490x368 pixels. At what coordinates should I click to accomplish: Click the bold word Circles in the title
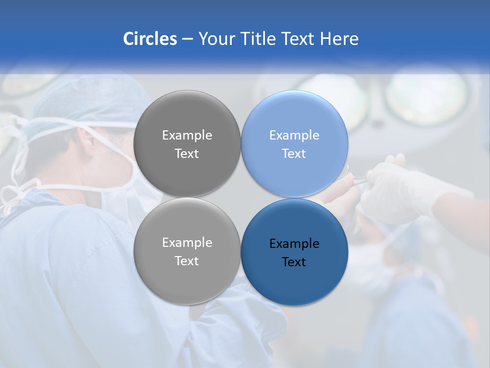click(x=150, y=39)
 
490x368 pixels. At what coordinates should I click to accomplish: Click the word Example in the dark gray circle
click(x=187, y=135)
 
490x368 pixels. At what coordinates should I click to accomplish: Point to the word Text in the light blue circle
click(x=294, y=154)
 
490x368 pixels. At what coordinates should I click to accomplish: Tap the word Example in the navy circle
click(x=294, y=244)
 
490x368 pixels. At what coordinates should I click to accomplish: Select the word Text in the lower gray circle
click(x=187, y=261)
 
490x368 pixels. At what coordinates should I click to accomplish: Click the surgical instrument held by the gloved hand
click(x=357, y=180)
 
